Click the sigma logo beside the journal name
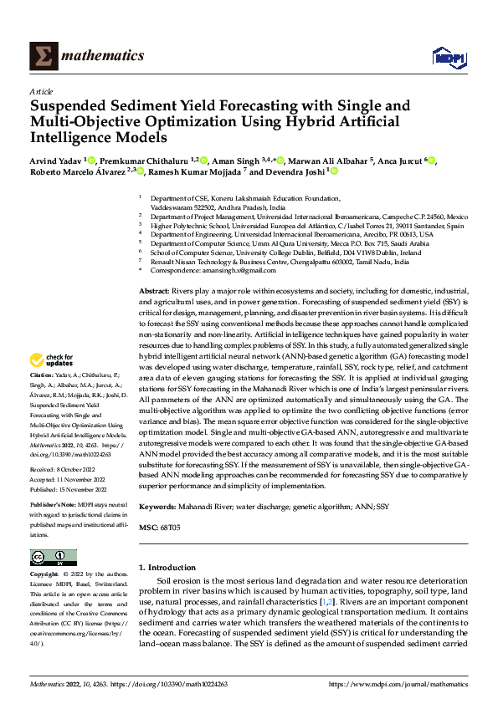pyautogui.click(x=42, y=55)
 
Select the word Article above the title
pyautogui.click(x=40, y=92)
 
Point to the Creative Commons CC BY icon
pyautogui.click(x=54, y=558)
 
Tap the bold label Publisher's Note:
pyautogui.click(x=53, y=507)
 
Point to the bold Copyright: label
pyautogui.click(x=44, y=575)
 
